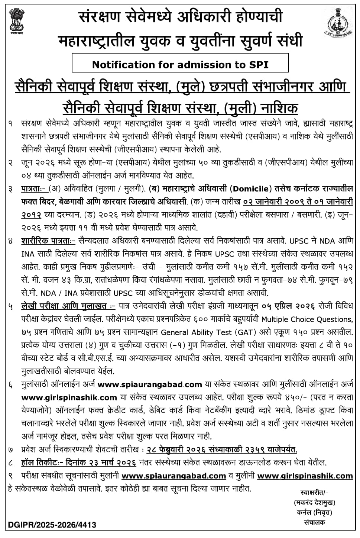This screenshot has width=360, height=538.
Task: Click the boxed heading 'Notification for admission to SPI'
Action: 180,64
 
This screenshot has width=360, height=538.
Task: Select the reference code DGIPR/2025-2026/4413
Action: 51,525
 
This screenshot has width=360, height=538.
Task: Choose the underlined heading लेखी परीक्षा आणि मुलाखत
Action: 68,306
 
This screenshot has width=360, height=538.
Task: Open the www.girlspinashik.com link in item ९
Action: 305,476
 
